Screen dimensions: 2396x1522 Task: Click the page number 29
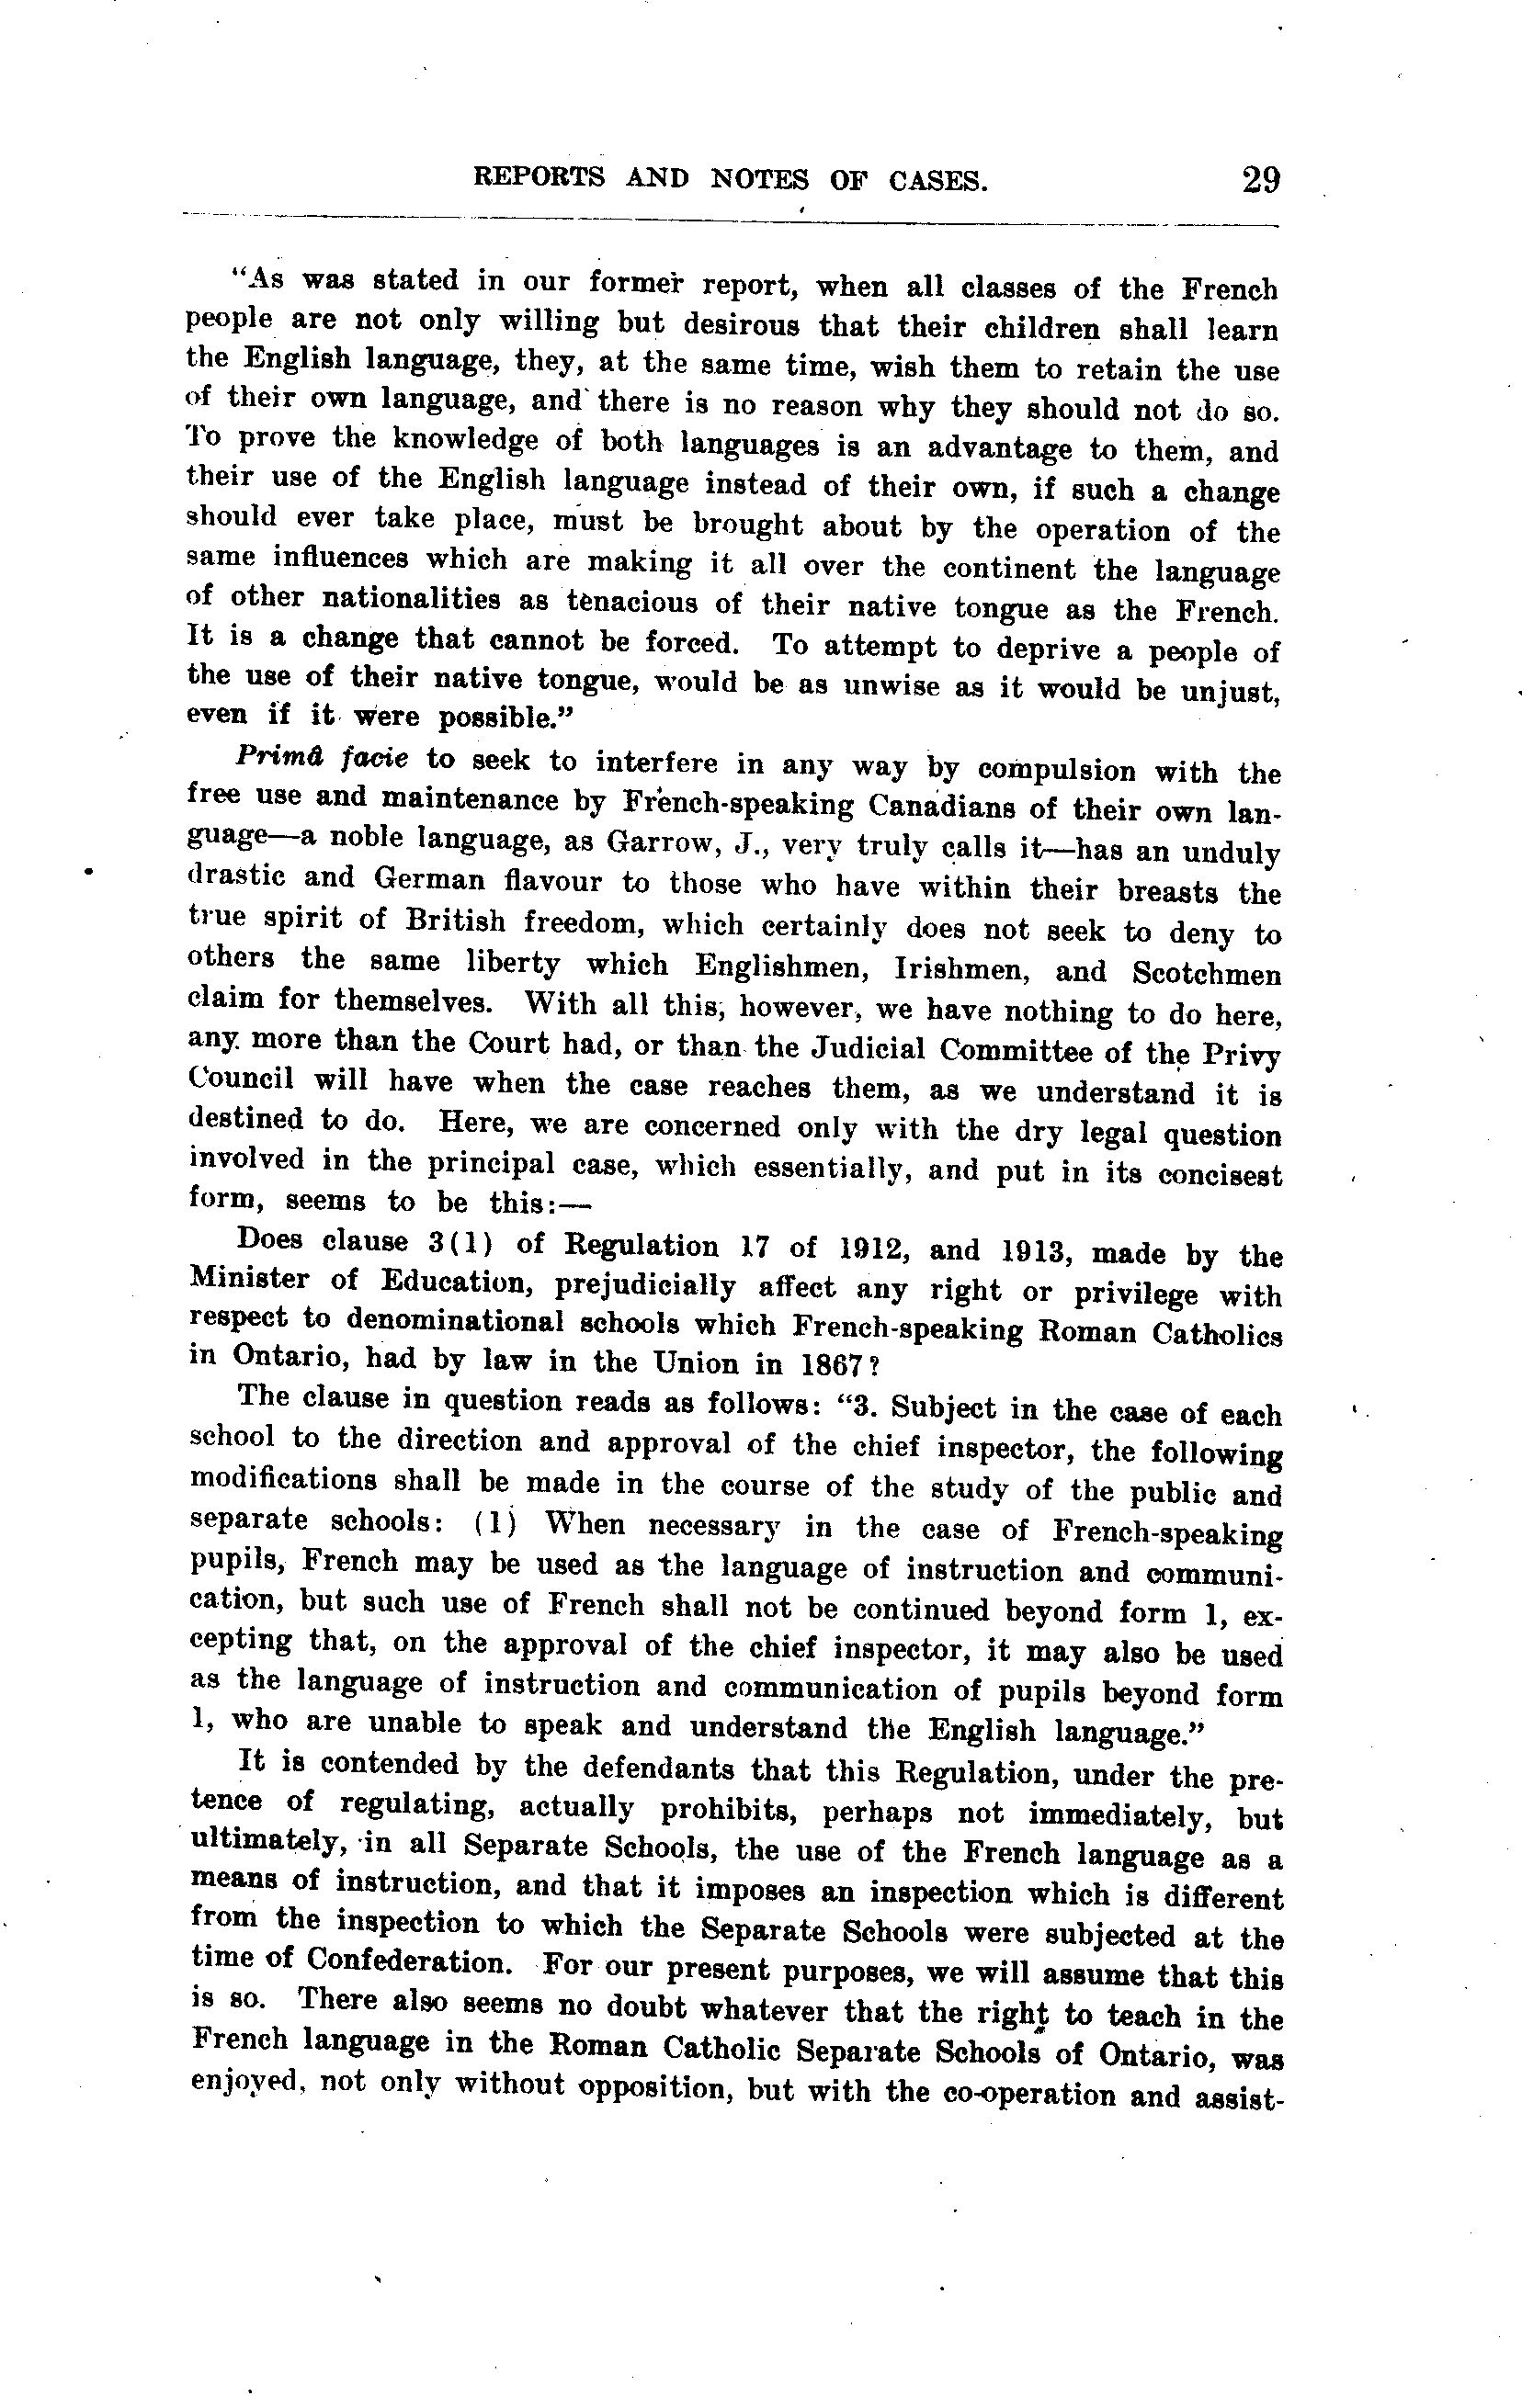tap(1259, 181)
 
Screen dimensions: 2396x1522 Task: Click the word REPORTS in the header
tap(539, 177)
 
